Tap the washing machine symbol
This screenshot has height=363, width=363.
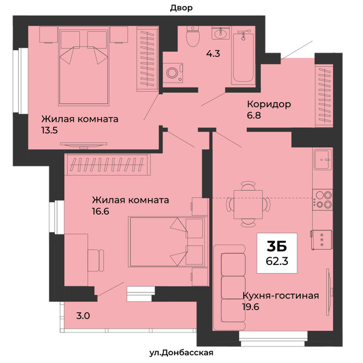click(173, 73)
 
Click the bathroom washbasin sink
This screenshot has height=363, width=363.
click(220, 33)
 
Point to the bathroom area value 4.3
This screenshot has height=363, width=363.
click(213, 54)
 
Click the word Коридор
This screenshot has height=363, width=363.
click(269, 104)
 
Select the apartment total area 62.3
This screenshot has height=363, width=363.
click(277, 261)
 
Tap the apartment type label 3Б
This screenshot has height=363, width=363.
click(277, 246)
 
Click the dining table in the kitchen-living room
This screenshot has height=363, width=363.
click(248, 204)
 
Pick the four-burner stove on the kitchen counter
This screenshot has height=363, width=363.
click(322, 200)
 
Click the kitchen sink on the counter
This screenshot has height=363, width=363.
click(323, 160)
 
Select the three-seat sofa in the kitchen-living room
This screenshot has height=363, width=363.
click(229, 287)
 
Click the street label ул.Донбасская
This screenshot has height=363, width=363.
click(181, 353)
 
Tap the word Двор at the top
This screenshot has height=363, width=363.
click(181, 8)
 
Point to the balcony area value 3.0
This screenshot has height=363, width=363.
click(83, 316)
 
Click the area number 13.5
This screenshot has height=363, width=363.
click(50, 131)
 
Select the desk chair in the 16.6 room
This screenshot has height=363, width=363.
click(96, 260)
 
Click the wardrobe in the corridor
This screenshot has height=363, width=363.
click(324, 96)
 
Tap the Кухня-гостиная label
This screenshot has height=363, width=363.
click(281, 296)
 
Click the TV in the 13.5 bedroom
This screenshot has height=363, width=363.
click(83, 145)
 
